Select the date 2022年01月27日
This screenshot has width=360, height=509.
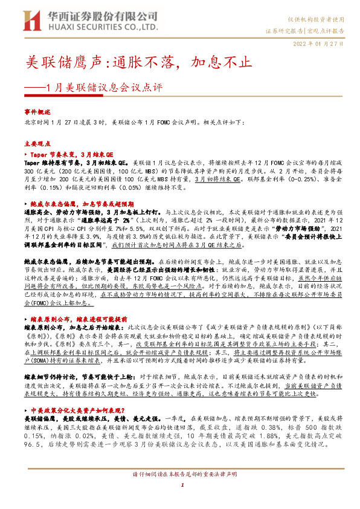point(318,44)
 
